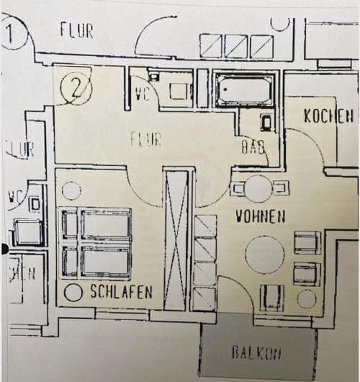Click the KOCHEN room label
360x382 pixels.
click(328, 115)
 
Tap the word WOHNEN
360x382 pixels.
click(261, 216)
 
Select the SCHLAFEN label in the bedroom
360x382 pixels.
click(121, 292)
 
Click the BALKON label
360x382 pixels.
click(257, 352)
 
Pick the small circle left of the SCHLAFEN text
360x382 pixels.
click(72, 293)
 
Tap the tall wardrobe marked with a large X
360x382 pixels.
click(176, 238)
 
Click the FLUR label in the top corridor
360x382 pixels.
click(77, 31)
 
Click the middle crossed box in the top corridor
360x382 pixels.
click(237, 47)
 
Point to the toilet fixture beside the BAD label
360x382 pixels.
click(266, 122)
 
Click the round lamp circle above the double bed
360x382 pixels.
click(71, 190)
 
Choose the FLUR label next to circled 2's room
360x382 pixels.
click(145, 138)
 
